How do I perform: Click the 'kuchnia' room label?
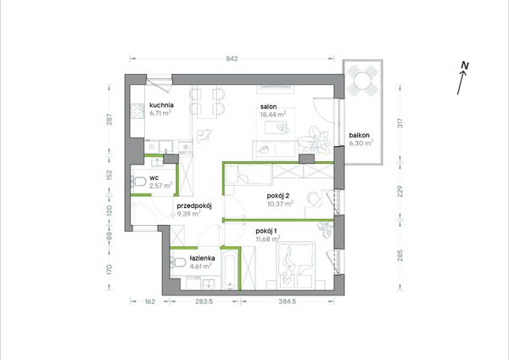[161, 105]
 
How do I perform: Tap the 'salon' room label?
[268, 107]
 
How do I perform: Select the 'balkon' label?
[360, 136]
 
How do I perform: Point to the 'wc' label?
[154, 178]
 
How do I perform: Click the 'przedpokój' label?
[194, 206]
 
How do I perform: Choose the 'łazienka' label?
[202, 258]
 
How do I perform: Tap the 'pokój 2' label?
[278, 196]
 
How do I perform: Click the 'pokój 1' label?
[266, 231]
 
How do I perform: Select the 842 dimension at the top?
[232, 59]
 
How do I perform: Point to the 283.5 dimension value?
[204, 301]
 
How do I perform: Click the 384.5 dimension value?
[288, 301]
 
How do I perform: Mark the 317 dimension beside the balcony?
[400, 122]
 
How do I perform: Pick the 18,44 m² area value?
[273, 115]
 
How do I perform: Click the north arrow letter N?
[465, 65]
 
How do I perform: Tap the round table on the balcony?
[362, 80]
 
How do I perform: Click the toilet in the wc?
[138, 182]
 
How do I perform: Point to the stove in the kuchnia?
[137, 111]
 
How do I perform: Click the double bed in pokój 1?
[295, 265]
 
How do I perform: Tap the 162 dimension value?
[149, 301]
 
